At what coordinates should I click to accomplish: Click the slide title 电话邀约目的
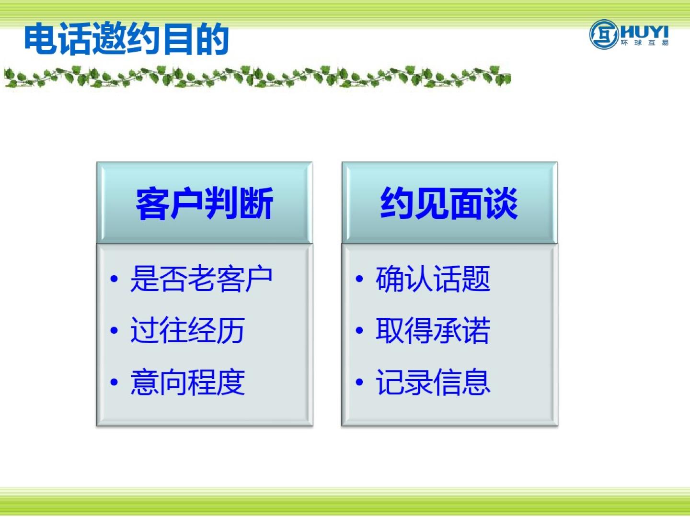[x=126, y=38]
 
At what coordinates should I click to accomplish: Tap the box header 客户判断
[x=205, y=203]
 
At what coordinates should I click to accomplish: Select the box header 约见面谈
[x=449, y=203]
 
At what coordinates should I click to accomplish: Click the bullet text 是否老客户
[x=201, y=279]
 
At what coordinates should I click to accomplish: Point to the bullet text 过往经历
[x=188, y=330]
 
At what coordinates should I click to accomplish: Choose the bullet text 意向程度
[x=188, y=382]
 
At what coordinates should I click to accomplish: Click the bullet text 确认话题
[x=433, y=279]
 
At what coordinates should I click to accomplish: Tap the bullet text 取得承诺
[x=433, y=330]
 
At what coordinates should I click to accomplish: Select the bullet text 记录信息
[x=433, y=382]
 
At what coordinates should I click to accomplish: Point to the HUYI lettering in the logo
[x=644, y=33]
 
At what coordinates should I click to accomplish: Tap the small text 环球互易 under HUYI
[x=645, y=43]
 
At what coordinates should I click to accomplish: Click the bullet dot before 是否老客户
[x=115, y=279]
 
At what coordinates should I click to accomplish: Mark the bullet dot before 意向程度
[x=115, y=382]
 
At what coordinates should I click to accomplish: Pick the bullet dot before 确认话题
[x=359, y=279]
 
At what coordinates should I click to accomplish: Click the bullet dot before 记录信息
[x=359, y=382]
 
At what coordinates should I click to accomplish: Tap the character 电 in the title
[x=41, y=38]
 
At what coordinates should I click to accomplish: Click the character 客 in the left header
[x=153, y=203]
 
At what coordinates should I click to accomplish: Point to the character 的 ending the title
[x=212, y=38]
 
